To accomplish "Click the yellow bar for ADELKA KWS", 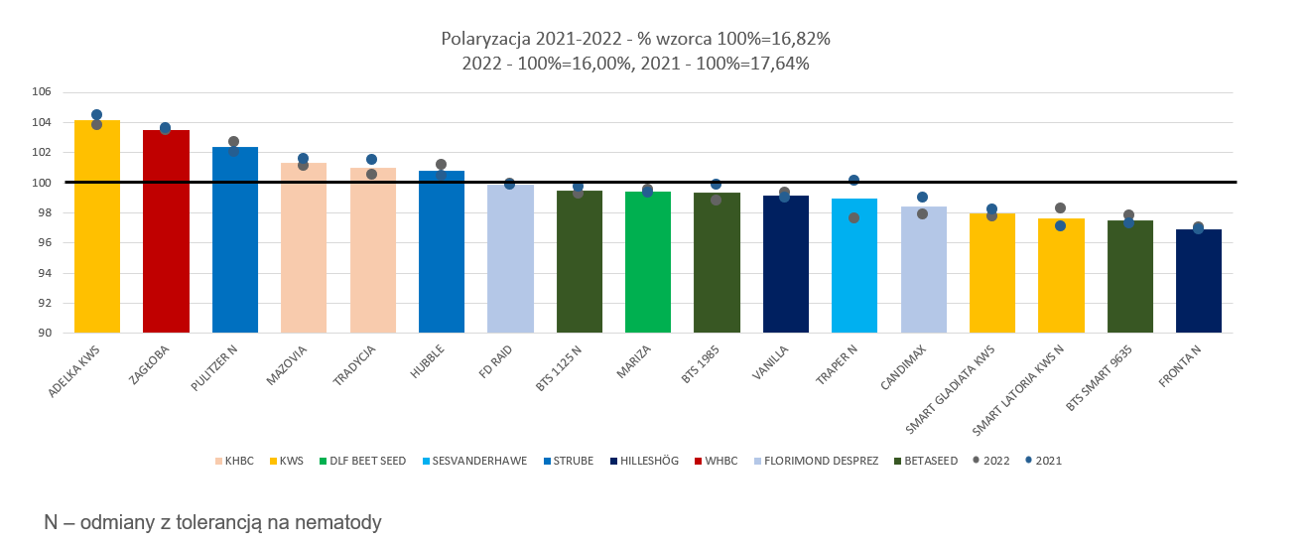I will click(x=97, y=228).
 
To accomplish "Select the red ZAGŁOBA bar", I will click(x=166, y=233).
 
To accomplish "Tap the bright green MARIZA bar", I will click(x=648, y=263).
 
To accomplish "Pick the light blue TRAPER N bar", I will click(x=854, y=266).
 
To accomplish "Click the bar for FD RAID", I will click(x=510, y=260).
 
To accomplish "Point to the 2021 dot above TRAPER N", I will click(x=853, y=180).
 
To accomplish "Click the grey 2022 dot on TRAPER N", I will click(x=853, y=217).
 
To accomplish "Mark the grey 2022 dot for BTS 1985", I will click(x=716, y=200).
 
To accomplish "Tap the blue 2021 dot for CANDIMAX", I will click(x=922, y=197).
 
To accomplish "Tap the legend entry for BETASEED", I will click(x=928, y=461).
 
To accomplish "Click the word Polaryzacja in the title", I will click(x=486, y=39).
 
